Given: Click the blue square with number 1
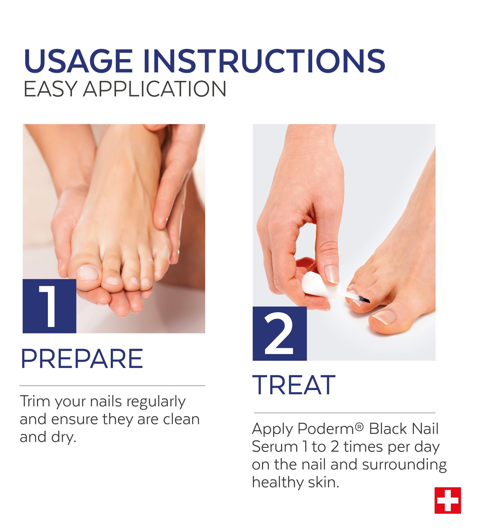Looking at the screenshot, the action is click(x=49, y=306).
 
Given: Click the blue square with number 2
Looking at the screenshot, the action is click(x=279, y=333).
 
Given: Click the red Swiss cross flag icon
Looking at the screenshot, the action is click(x=448, y=500).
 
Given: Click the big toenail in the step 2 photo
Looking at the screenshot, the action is click(x=384, y=316).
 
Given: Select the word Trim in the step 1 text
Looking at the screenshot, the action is click(x=35, y=401).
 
